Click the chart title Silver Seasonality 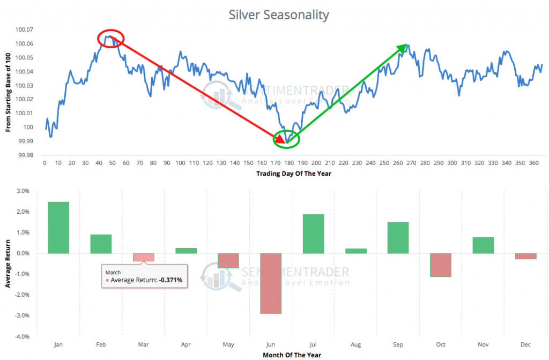coord(279,14)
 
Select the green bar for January coord(58,227)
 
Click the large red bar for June coord(270,283)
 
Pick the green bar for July coord(313,234)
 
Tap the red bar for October coord(440,265)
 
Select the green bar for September coord(398,237)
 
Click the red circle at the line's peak coord(111,39)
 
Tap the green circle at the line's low coord(286,139)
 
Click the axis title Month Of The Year coord(292,355)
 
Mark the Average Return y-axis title coord(8,263)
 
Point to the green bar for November coord(483,245)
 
